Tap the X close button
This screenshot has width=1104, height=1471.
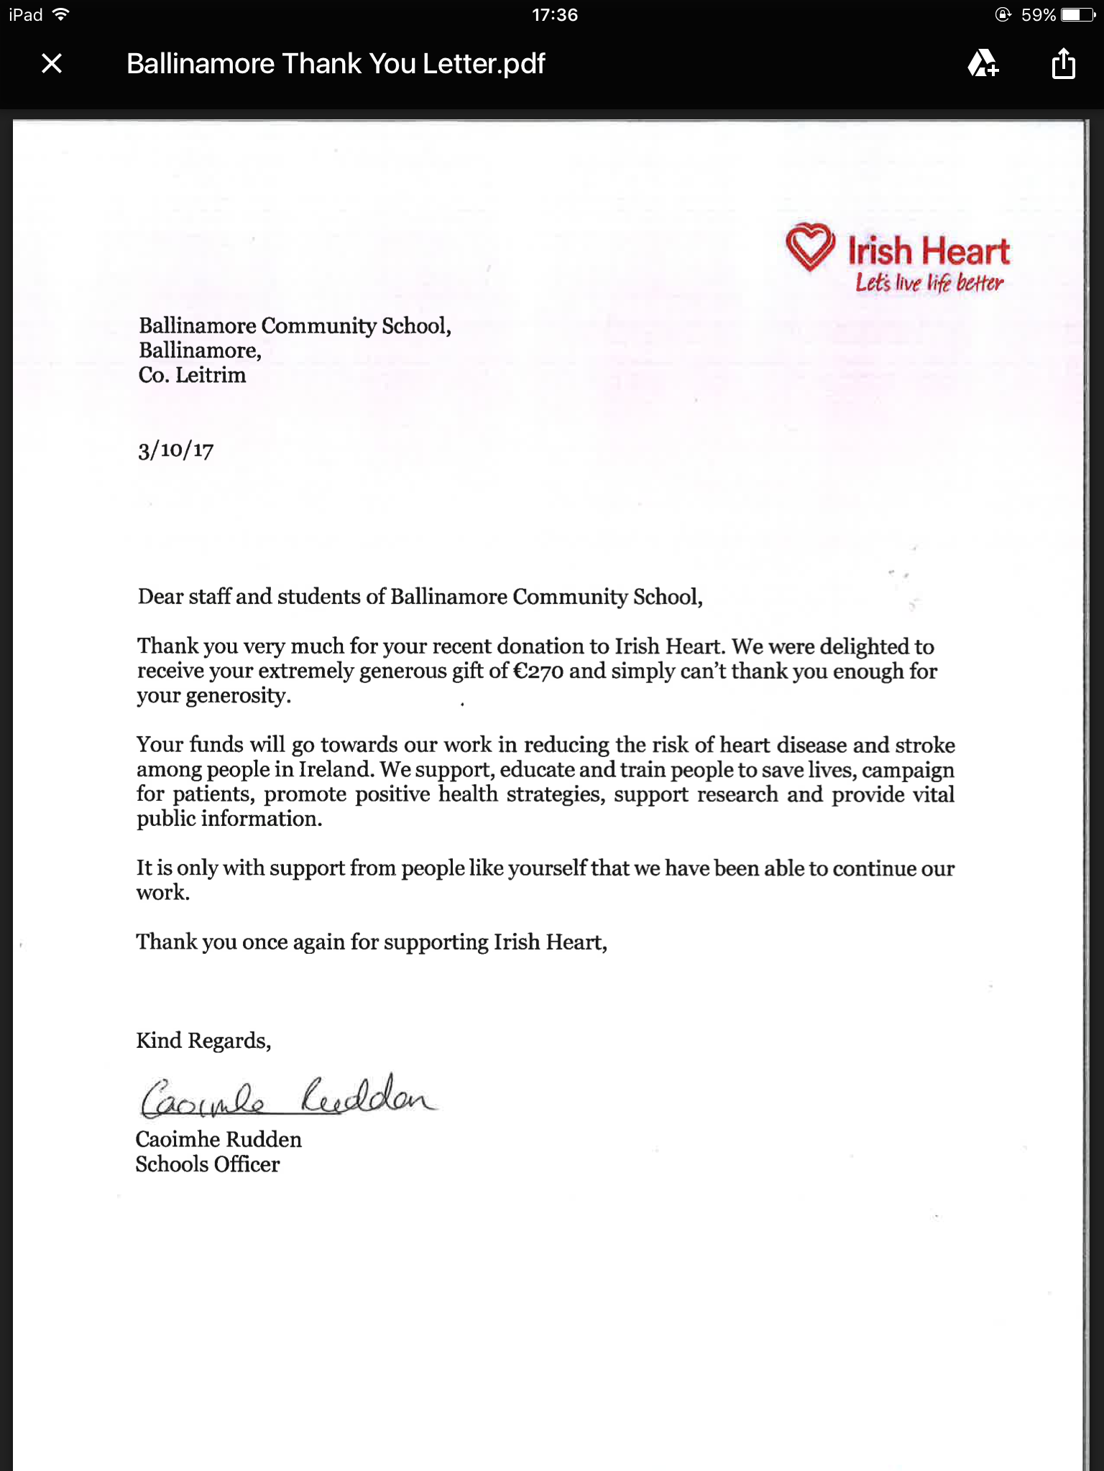pyautogui.click(x=52, y=64)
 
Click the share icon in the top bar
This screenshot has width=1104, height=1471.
pyautogui.click(x=1063, y=64)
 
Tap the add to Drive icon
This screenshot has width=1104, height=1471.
pyautogui.click(x=983, y=64)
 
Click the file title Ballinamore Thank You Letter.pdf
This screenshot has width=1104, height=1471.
pyautogui.click(x=336, y=64)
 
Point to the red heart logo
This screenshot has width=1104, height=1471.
pyautogui.click(x=810, y=247)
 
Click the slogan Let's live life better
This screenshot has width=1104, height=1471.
pyautogui.click(x=929, y=283)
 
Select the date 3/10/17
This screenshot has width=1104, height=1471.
pyautogui.click(x=176, y=450)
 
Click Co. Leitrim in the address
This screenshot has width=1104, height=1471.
pyautogui.click(x=192, y=375)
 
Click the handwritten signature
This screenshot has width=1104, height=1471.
pyautogui.click(x=287, y=1098)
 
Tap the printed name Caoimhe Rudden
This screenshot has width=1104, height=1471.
pyautogui.click(x=218, y=1140)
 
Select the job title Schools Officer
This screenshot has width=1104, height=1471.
pyautogui.click(x=208, y=1164)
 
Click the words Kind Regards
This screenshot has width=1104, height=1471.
pyautogui.click(x=203, y=1041)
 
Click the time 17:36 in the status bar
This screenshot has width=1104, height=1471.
pyautogui.click(x=554, y=15)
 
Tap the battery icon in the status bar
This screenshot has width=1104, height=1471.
pyautogui.click(x=1077, y=15)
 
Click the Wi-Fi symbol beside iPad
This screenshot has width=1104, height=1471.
pyautogui.click(x=61, y=14)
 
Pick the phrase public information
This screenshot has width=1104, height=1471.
pyautogui.click(x=229, y=819)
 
